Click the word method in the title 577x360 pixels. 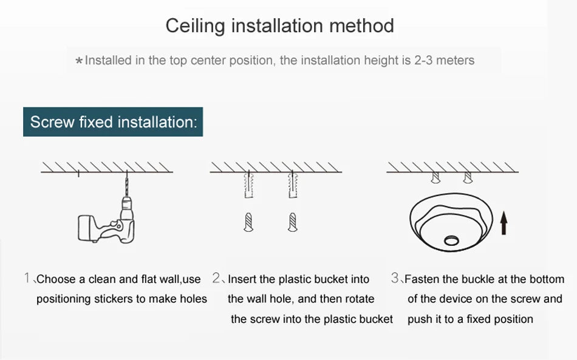pos(362,25)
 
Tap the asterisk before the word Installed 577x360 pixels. pos(79,61)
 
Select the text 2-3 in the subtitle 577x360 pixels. pos(423,60)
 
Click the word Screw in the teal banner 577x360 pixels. pos(52,121)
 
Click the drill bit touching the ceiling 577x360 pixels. pos(127,184)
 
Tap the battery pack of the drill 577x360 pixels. pos(86,228)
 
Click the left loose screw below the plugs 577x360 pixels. pos(249,222)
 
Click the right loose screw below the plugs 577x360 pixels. pos(293,222)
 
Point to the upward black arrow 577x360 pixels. pos(504,224)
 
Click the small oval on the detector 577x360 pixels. pos(451,241)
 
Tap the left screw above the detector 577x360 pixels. pos(435,178)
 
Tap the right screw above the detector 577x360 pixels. pos(467,178)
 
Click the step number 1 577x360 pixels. pos(27,277)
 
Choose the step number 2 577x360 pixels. pos(216,277)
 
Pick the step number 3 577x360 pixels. pos(395,277)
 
